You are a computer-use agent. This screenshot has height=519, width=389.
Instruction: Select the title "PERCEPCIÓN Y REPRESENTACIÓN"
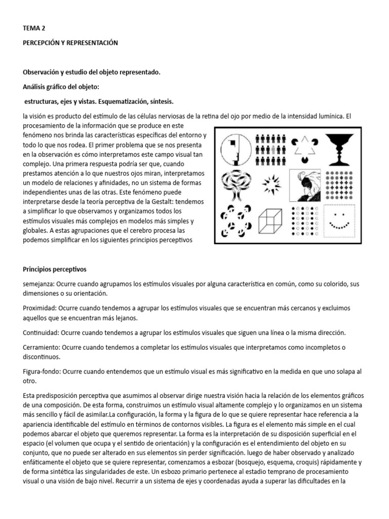pyautogui.click(x=70, y=43)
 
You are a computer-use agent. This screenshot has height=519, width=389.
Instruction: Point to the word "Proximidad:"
pyautogui.click(x=40, y=308)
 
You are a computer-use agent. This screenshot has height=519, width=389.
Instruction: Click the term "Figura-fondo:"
pyautogui.click(x=43, y=372)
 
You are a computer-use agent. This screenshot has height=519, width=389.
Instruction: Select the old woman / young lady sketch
pyautogui.click(x=305, y=185)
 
